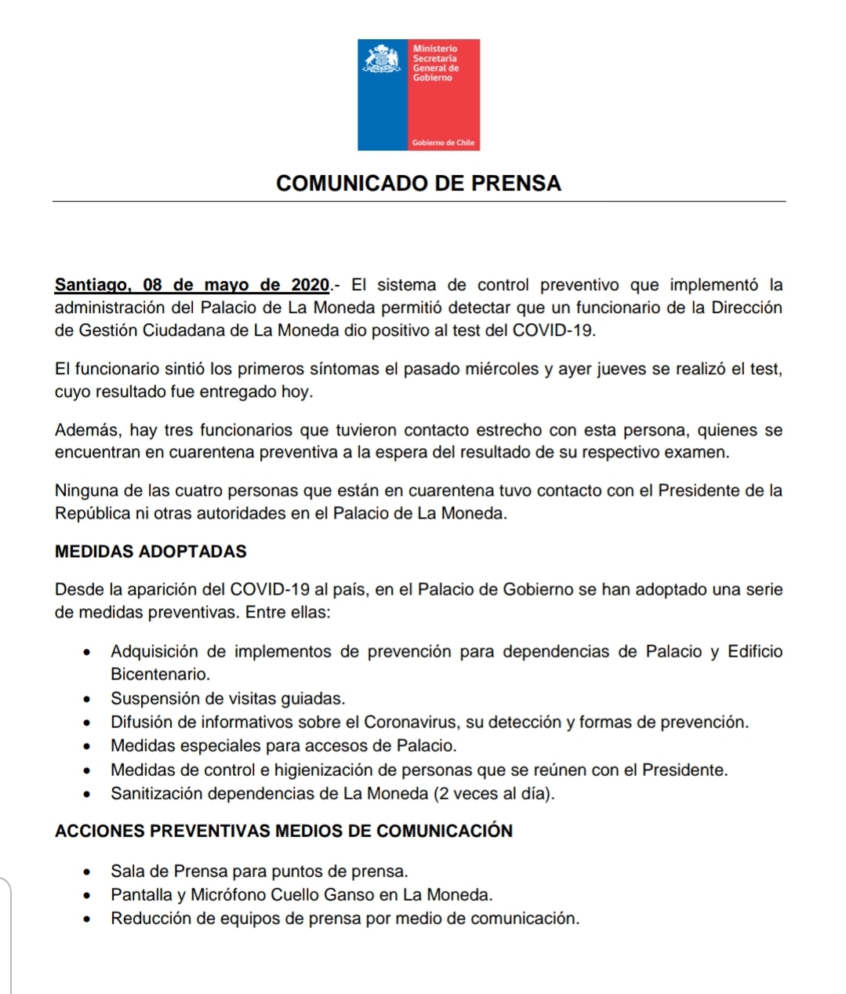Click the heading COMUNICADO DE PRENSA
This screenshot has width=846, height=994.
coord(419,184)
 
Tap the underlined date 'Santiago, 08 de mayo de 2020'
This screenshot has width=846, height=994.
coord(192,285)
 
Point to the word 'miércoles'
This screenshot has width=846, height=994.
coord(501,369)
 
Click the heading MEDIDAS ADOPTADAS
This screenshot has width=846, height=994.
coord(151,552)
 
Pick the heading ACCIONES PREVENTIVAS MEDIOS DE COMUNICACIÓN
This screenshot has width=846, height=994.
coord(283,831)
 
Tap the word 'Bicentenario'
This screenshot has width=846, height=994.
coord(159,675)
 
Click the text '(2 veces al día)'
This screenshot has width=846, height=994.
coord(494,793)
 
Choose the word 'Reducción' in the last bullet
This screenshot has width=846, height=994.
coord(149,918)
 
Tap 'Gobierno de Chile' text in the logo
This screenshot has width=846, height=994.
coord(443,143)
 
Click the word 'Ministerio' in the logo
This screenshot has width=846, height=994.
coord(434,49)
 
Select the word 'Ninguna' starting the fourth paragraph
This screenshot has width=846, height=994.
coord(85,491)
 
